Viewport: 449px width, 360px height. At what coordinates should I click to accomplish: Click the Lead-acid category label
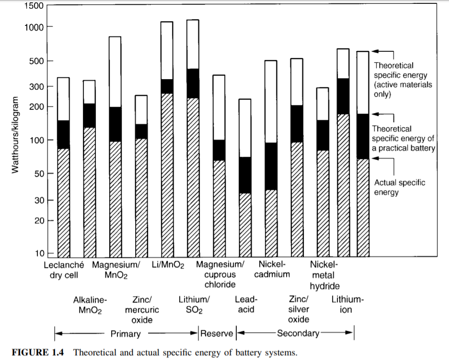point(245,304)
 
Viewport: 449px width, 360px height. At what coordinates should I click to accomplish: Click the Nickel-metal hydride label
point(324,275)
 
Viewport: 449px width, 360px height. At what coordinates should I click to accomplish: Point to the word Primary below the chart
point(126,334)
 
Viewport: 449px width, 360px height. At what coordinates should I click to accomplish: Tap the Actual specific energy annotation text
point(399,187)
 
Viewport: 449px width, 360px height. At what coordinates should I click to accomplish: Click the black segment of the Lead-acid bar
point(245,175)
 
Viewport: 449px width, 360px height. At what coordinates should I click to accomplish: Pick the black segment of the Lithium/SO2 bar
point(193,83)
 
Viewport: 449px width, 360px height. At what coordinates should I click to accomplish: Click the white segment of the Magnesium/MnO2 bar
point(115,71)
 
